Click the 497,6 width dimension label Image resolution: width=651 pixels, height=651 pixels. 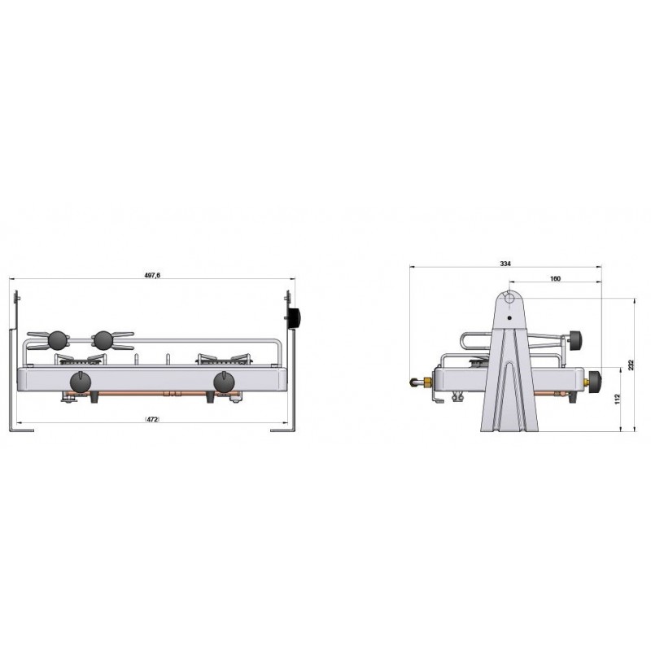pyautogui.click(x=152, y=276)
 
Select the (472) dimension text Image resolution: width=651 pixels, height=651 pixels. pyautogui.click(x=152, y=418)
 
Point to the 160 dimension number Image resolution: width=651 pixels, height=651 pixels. pyautogui.click(x=555, y=278)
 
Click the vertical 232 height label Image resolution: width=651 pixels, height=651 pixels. pyautogui.click(x=631, y=365)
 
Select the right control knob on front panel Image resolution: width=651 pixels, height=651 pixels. pyautogui.click(x=224, y=381)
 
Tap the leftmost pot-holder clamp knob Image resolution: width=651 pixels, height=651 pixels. pyautogui.click(x=58, y=339)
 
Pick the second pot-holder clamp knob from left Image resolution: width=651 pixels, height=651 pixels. pyautogui.click(x=103, y=339)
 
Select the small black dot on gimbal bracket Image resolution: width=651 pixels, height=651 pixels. pyautogui.click(x=509, y=318)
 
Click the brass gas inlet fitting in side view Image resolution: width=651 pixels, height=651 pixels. pyautogui.click(x=422, y=381)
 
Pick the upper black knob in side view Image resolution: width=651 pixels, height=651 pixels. pyautogui.click(x=577, y=337)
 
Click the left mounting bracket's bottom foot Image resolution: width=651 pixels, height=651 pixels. pyautogui.click(x=21, y=429)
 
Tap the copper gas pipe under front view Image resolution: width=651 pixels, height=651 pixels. pyautogui.click(x=155, y=394)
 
